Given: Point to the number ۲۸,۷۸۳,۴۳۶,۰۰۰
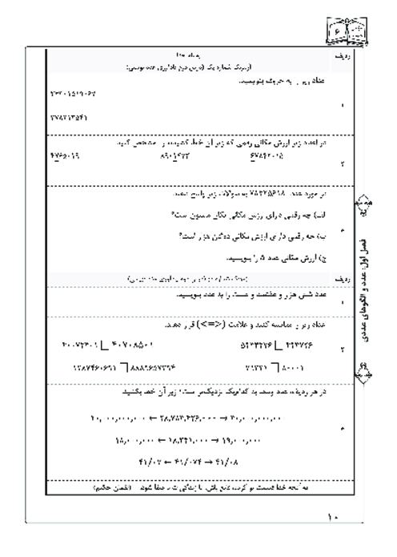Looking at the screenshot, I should tap(194, 419).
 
